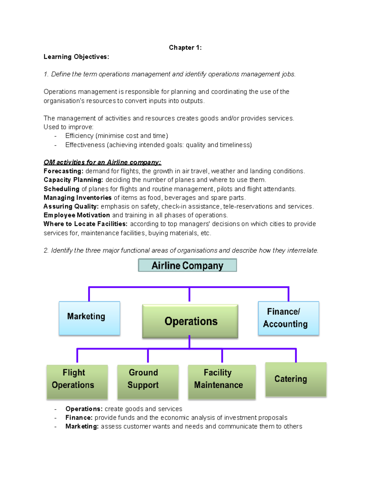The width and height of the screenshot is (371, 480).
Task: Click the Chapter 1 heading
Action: [x=185, y=48]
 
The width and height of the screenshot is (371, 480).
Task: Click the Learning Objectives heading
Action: [x=76, y=57]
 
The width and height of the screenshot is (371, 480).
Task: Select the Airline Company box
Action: [x=187, y=265]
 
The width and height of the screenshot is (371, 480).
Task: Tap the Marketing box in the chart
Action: [x=89, y=318]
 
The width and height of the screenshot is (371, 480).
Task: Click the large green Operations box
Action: [x=190, y=321]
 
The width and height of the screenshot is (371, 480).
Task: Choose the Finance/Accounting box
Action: [x=288, y=318]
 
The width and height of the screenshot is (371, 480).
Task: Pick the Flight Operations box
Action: [x=77, y=382]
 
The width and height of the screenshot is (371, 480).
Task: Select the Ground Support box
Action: [x=148, y=382]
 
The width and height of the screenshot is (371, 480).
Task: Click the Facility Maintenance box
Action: [x=222, y=382]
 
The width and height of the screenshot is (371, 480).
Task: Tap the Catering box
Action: [x=296, y=379]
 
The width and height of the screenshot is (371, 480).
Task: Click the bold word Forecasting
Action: [x=63, y=171]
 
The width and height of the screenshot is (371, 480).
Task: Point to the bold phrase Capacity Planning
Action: [x=73, y=180]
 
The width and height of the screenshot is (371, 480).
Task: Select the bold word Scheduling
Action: [x=61, y=189]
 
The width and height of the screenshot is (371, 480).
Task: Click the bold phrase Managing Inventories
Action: [x=77, y=198]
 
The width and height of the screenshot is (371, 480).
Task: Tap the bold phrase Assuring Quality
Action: [x=71, y=206]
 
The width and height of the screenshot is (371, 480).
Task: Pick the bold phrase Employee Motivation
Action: [x=77, y=215]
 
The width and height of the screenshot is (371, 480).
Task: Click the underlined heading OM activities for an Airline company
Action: [x=102, y=162]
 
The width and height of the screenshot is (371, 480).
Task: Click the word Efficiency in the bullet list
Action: [x=79, y=136]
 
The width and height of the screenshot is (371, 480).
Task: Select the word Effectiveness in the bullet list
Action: [x=85, y=145]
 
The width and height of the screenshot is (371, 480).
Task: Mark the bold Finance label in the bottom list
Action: [x=79, y=418]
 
